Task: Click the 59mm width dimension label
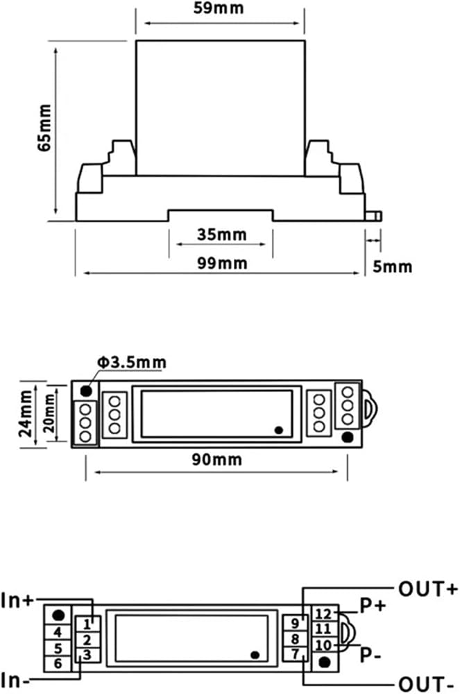[x=219, y=8]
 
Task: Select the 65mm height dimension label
[x=44, y=128]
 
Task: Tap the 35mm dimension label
[x=221, y=234]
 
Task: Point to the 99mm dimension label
[x=222, y=263]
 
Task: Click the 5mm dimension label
[x=392, y=266]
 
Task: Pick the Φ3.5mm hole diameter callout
[x=132, y=362]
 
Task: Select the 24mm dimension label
[x=26, y=414]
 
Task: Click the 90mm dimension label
[x=216, y=459]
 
